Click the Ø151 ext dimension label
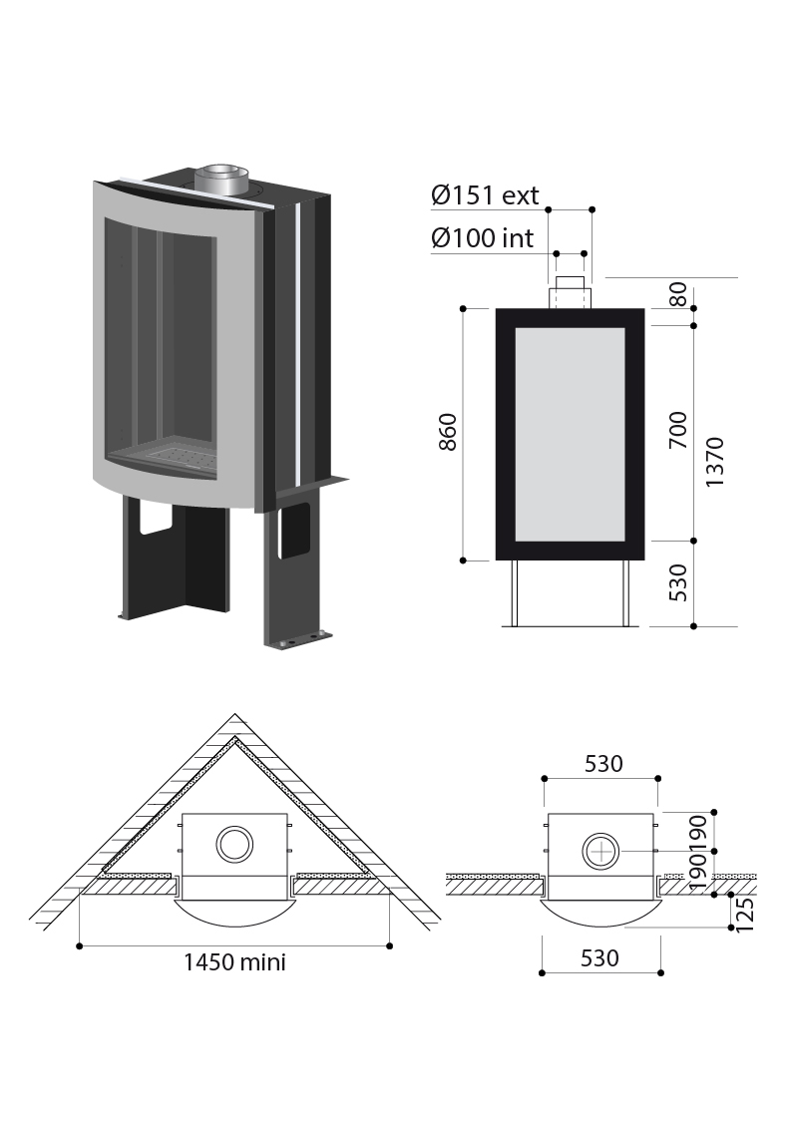[x=485, y=195]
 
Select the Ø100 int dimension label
[x=483, y=238]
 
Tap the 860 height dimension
[x=448, y=432]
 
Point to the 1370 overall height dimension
[x=715, y=463]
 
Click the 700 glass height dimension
[x=677, y=431]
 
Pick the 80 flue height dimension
[x=678, y=294]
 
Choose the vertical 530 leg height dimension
[x=677, y=582]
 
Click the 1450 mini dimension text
[x=234, y=962]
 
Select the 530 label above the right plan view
[x=603, y=764]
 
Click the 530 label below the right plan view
[x=599, y=958]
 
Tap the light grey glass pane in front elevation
[x=570, y=434]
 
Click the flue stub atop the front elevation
[x=570, y=292]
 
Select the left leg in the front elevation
[x=513, y=593]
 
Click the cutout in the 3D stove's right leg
[x=294, y=532]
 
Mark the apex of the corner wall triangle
[x=235, y=713]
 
